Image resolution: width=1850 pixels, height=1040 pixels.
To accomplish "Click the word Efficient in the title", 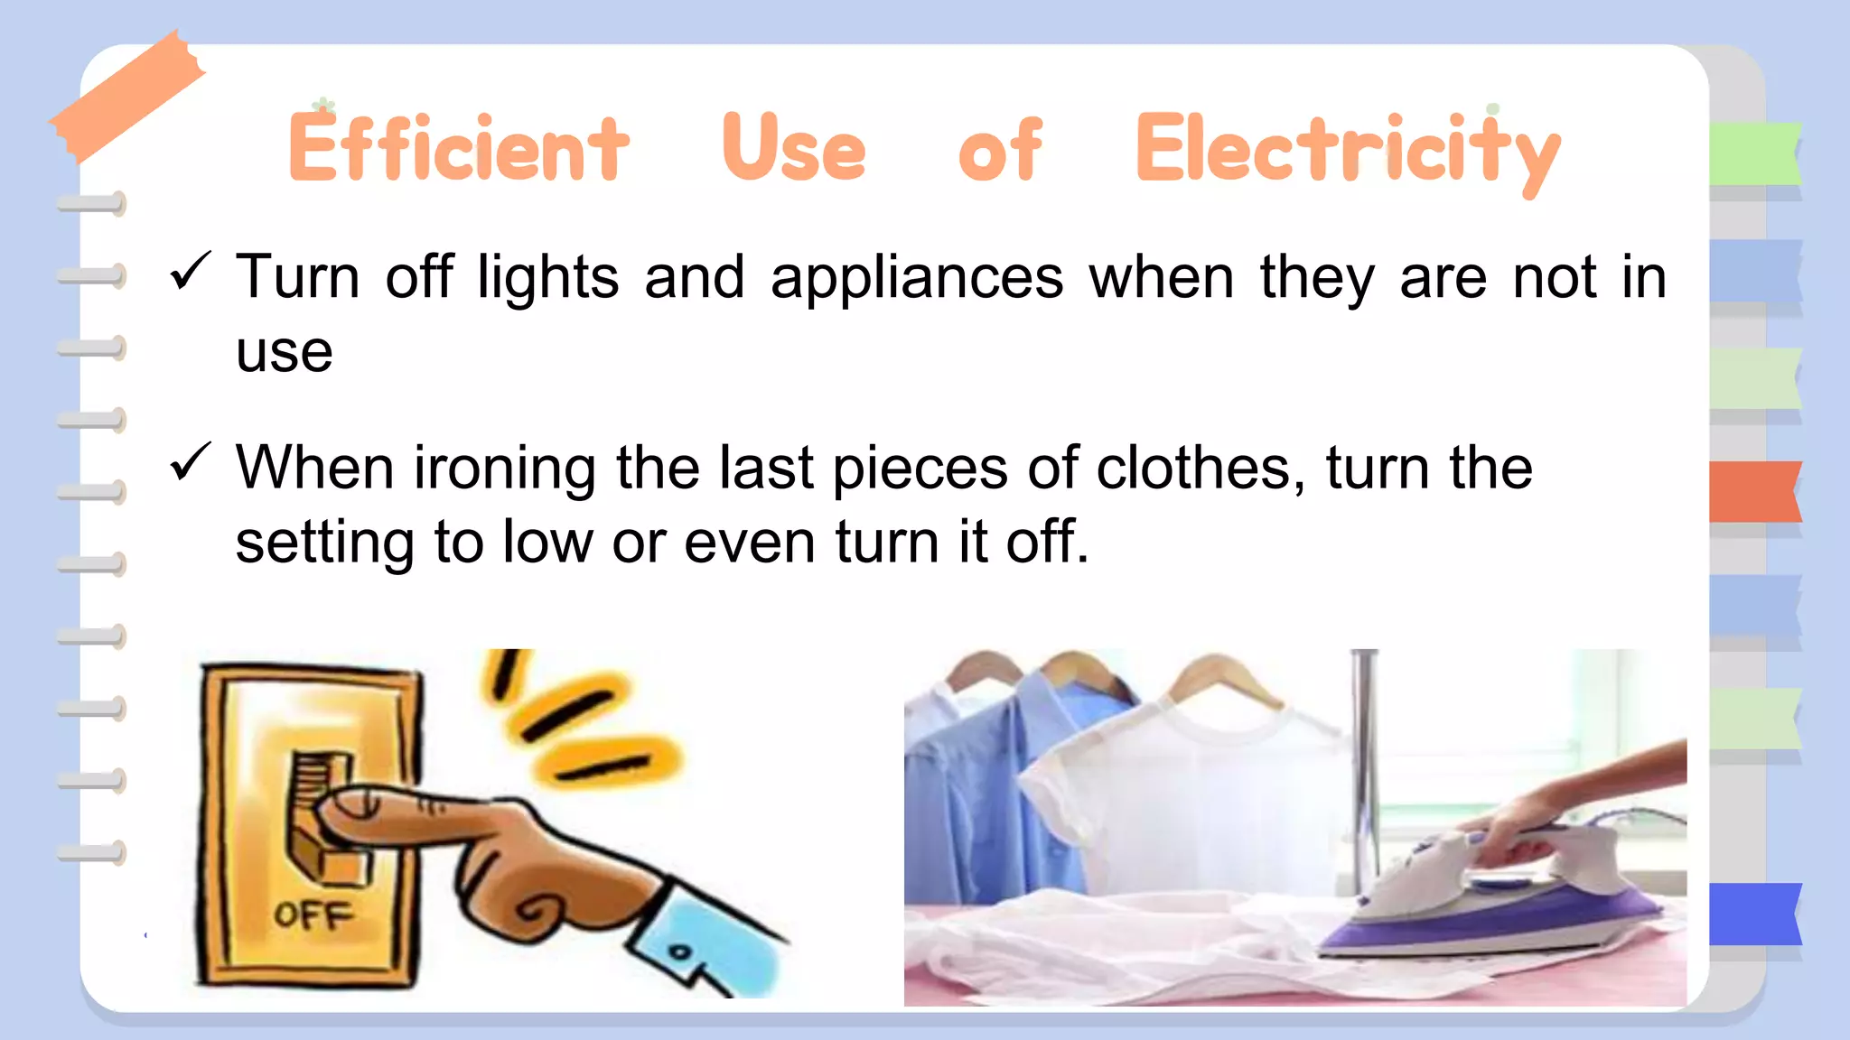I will pos(458,147).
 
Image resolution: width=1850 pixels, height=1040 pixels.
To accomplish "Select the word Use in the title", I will pos(794,147).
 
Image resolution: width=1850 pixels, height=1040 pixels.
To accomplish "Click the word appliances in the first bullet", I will pos(917,277).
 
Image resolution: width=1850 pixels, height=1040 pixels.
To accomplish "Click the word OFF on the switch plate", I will pos(313,915).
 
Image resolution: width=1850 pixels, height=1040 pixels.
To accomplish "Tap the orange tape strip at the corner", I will pos(126,95).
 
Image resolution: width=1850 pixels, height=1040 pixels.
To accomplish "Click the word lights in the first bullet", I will pos(548,277).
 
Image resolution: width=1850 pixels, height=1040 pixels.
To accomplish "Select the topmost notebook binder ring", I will pos(92,204).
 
